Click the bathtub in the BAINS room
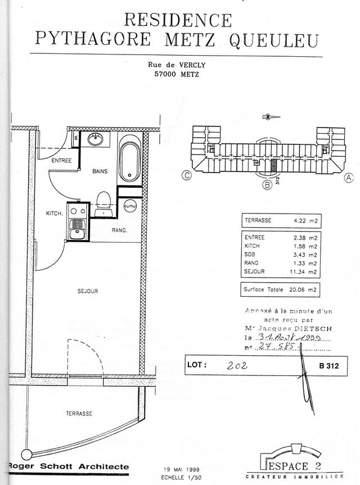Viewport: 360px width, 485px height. tap(130, 161)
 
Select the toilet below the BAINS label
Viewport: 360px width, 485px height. tap(102, 201)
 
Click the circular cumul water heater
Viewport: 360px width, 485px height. tap(130, 206)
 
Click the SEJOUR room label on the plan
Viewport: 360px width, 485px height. tap(88, 291)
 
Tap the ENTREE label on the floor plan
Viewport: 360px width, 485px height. tap(61, 161)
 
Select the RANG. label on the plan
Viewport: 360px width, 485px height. tap(119, 230)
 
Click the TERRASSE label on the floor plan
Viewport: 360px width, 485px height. tap(79, 413)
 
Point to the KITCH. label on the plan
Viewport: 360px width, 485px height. tap(54, 213)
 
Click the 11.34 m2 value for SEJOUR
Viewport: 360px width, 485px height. tap(304, 271)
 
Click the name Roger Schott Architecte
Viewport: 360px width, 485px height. tap(68, 466)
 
